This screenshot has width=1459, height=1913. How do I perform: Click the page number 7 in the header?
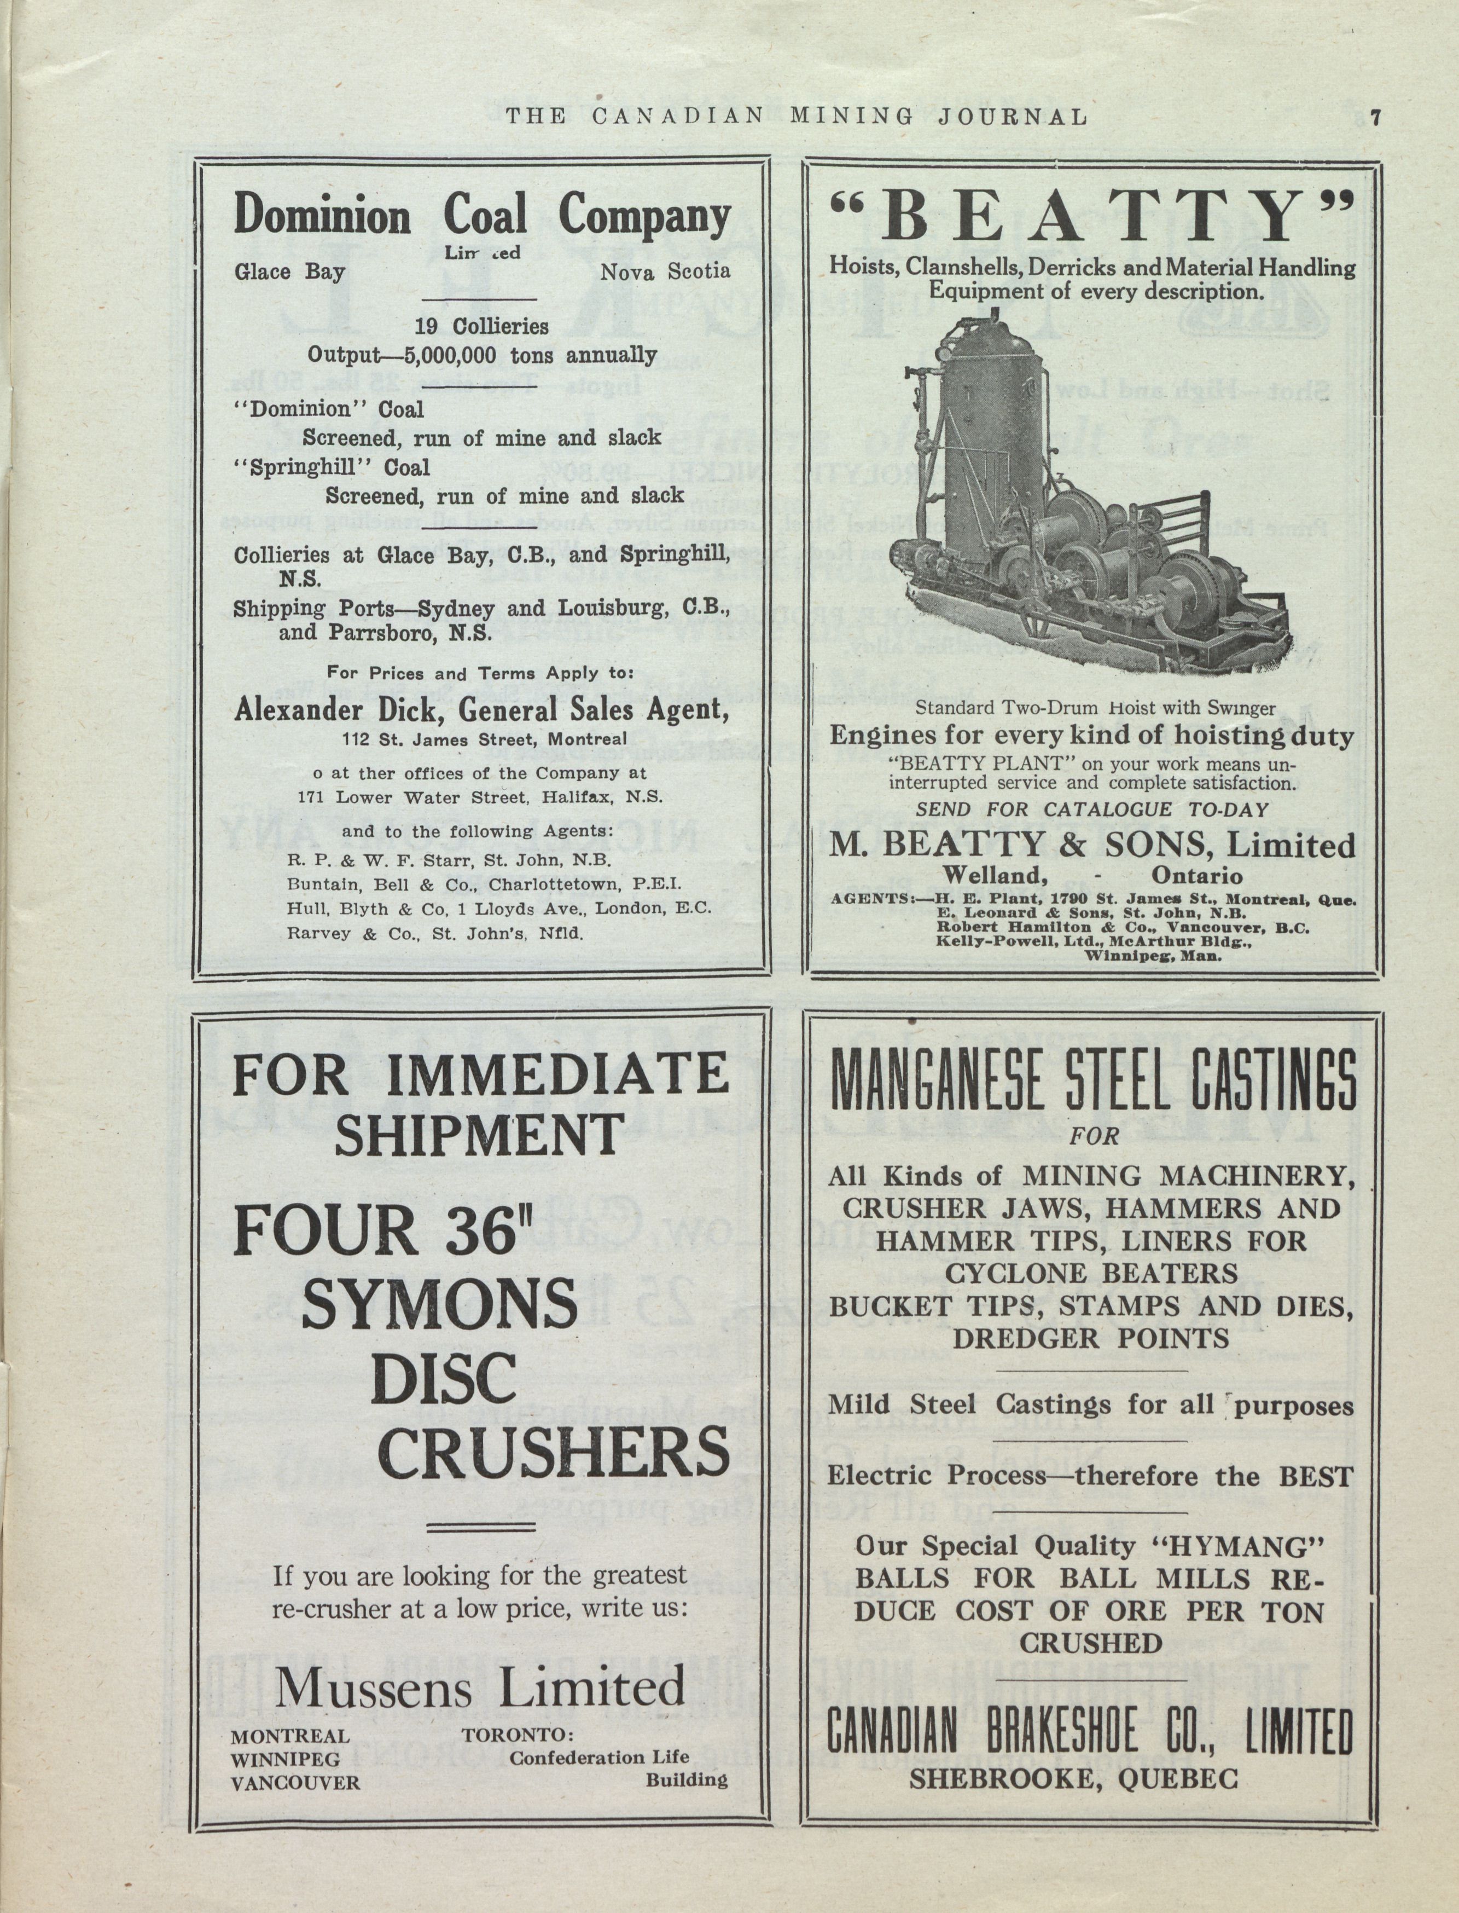[x=1375, y=117]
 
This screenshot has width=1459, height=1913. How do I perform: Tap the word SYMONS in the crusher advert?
[x=439, y=1309]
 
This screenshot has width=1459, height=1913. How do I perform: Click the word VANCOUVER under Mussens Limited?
[x=295, y=1782]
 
